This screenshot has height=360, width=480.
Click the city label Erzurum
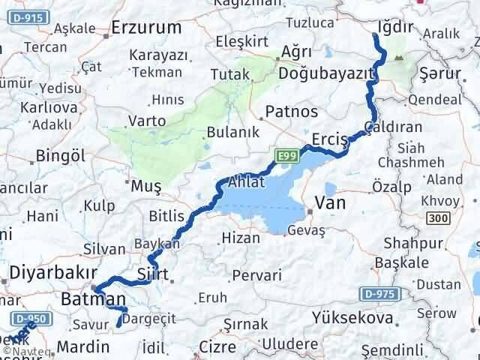pos(146,28)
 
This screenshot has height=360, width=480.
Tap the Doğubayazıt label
pos(326,73)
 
